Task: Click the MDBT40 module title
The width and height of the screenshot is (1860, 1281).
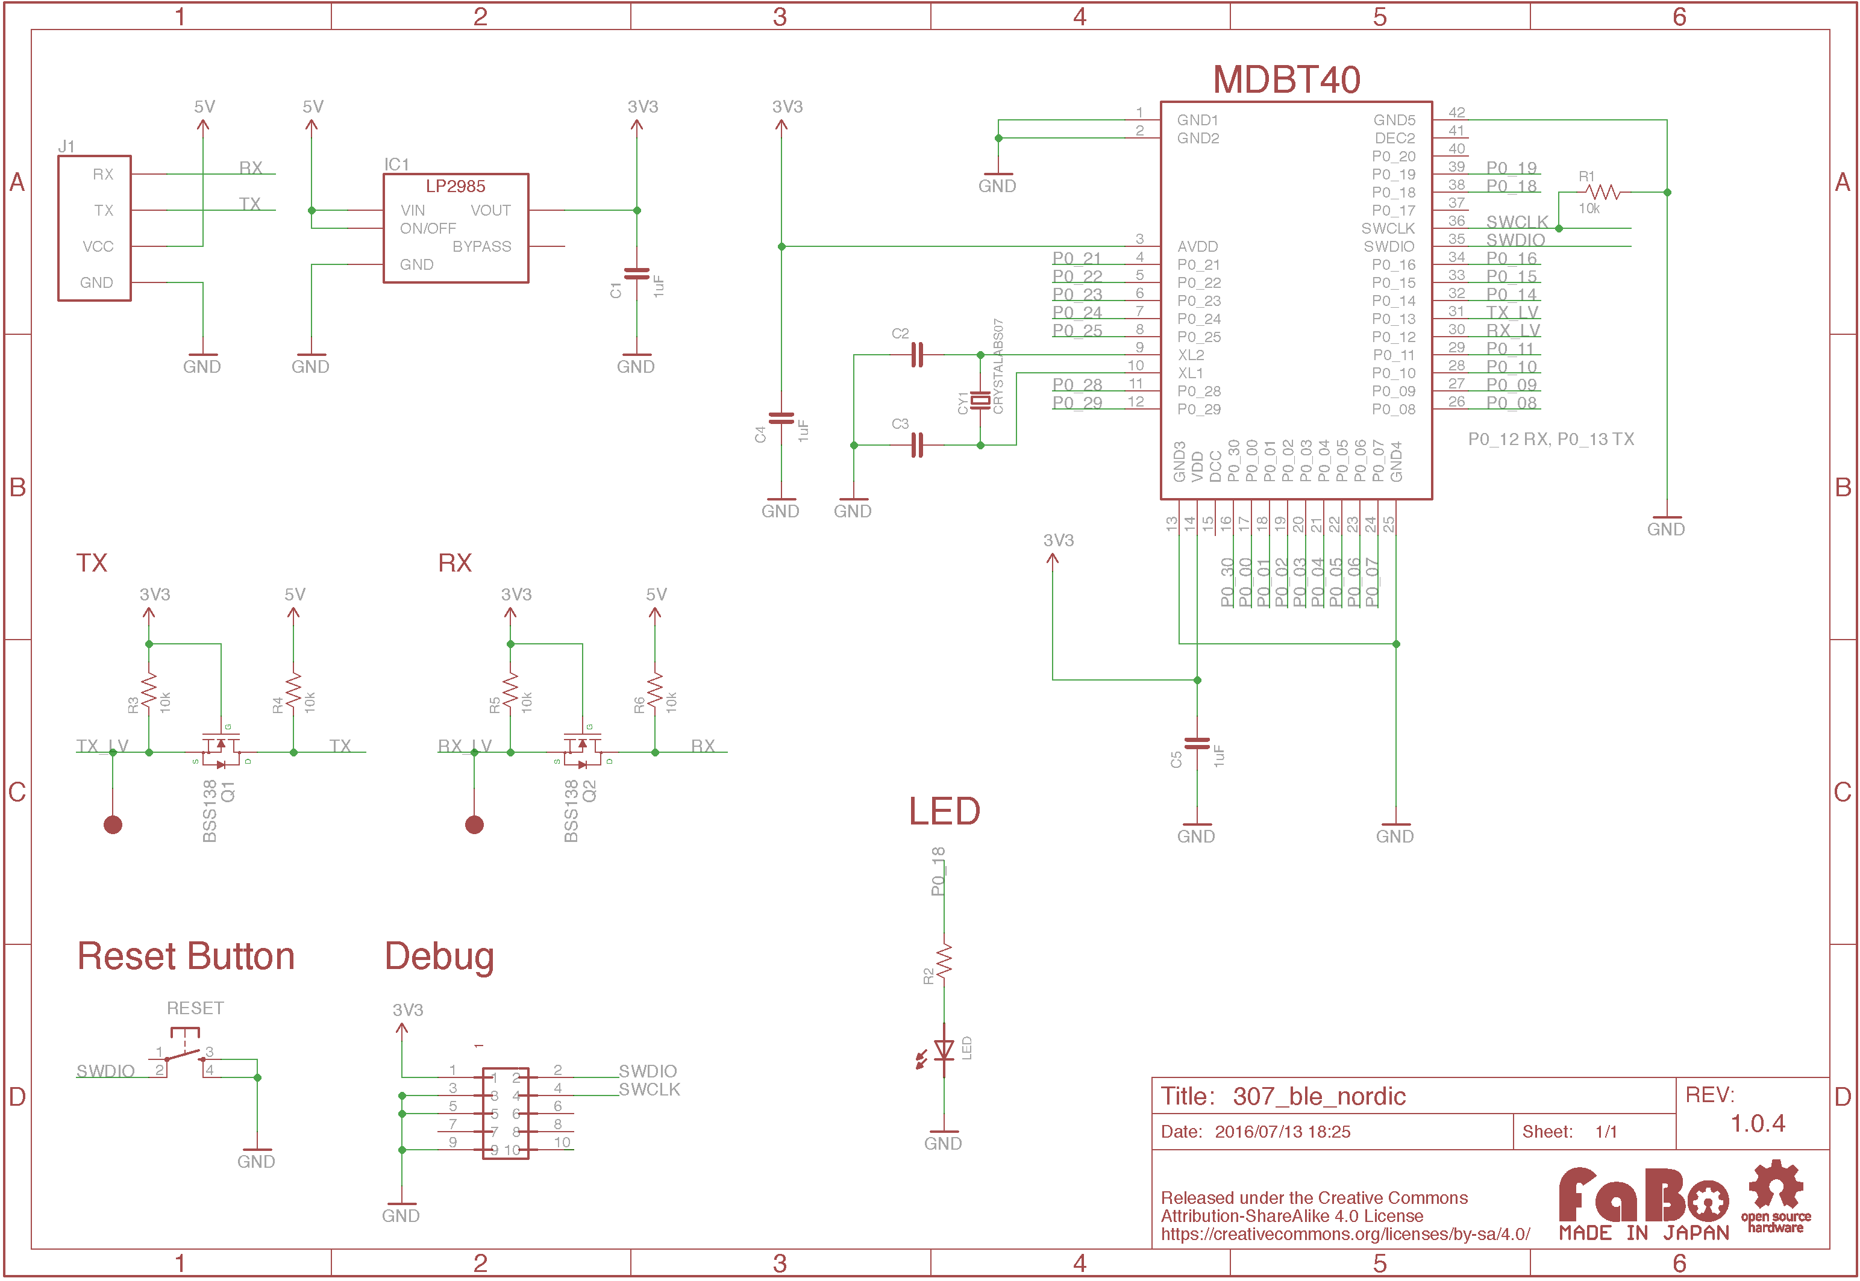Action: (x=1285, y=79)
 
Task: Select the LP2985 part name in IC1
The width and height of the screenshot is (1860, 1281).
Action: (x=455, y=186)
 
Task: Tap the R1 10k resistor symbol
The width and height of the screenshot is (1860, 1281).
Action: (x=1603, y=193)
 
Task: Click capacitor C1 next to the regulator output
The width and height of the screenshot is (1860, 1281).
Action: (x=637, y=275)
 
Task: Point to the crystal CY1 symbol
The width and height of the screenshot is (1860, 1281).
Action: (x=980, y=400)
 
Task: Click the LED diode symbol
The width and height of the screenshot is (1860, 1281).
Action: (x=944, y=1050)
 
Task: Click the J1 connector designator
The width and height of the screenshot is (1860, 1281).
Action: (x=67, y=146)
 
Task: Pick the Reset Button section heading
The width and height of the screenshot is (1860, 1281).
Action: (x=186, y=957)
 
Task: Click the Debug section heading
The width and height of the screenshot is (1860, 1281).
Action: (x=439, y=957)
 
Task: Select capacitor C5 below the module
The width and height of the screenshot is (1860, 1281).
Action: (x=1197, y=744)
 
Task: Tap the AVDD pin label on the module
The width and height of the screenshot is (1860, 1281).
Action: (x=1197, y=246)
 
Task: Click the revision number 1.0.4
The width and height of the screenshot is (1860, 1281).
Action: (x=1757, y=1124)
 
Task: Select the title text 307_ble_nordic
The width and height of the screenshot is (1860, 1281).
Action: (x=1319, y=1096)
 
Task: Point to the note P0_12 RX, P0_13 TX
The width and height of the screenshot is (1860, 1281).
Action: (x=1550, y=439)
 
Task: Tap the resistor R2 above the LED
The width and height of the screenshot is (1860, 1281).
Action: (x=944, y=960)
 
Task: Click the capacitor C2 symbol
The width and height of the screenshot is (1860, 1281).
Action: (x=917, y=355)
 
